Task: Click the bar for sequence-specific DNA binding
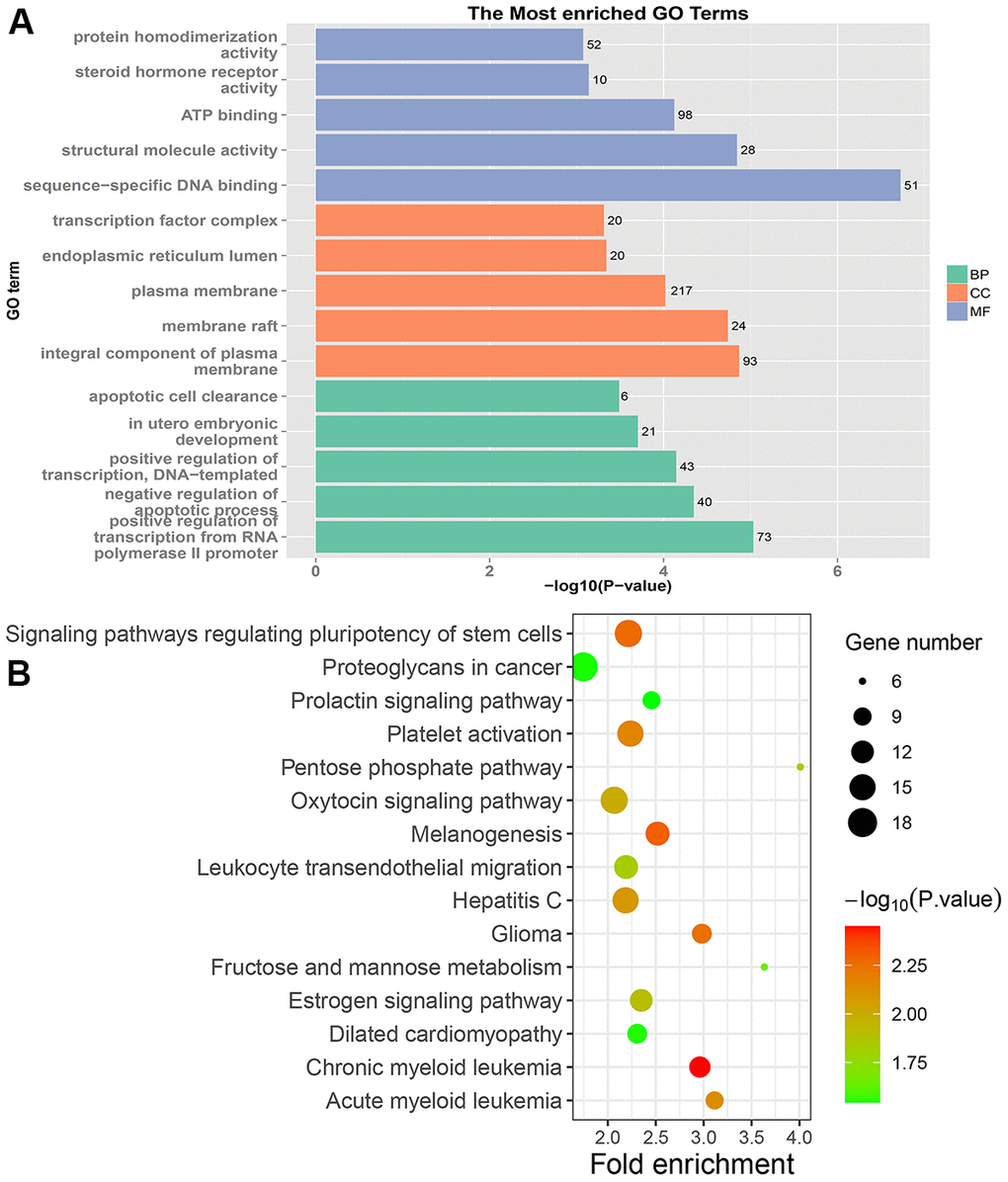(607, 185)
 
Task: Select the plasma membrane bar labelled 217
(490, 291)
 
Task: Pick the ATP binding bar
(494, 115)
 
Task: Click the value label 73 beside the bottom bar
(764, 537)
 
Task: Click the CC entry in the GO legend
(980, 293)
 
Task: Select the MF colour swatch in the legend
(956, 311)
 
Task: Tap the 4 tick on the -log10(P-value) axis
(663, 571)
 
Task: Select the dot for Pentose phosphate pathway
(800, 767)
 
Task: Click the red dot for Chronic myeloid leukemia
(700, 1066)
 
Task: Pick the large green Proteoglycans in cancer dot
(584, 667)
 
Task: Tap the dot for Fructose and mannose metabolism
(764, 967)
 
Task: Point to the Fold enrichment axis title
(692, 1163)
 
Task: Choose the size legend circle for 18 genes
(863, 822)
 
